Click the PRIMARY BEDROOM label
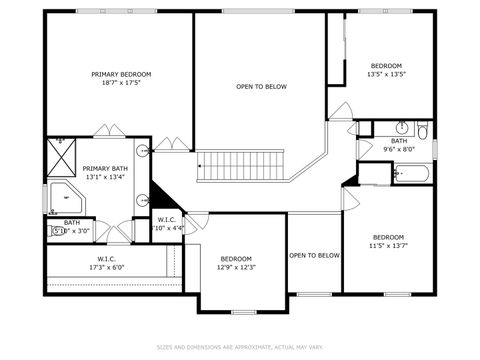[x=121, y=74]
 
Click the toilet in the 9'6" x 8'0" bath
[x=422, y=130]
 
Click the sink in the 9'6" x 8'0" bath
[x=400, y=129]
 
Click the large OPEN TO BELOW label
[x=261, y=87]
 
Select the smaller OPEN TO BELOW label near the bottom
[x=314, y=256]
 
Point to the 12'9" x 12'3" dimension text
[x=238, y=267]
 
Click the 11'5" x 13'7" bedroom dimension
[x=388, y=244]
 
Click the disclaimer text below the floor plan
[x=240, y=347]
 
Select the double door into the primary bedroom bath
[x=108, y=131]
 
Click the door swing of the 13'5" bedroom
[x=341, y=111]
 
